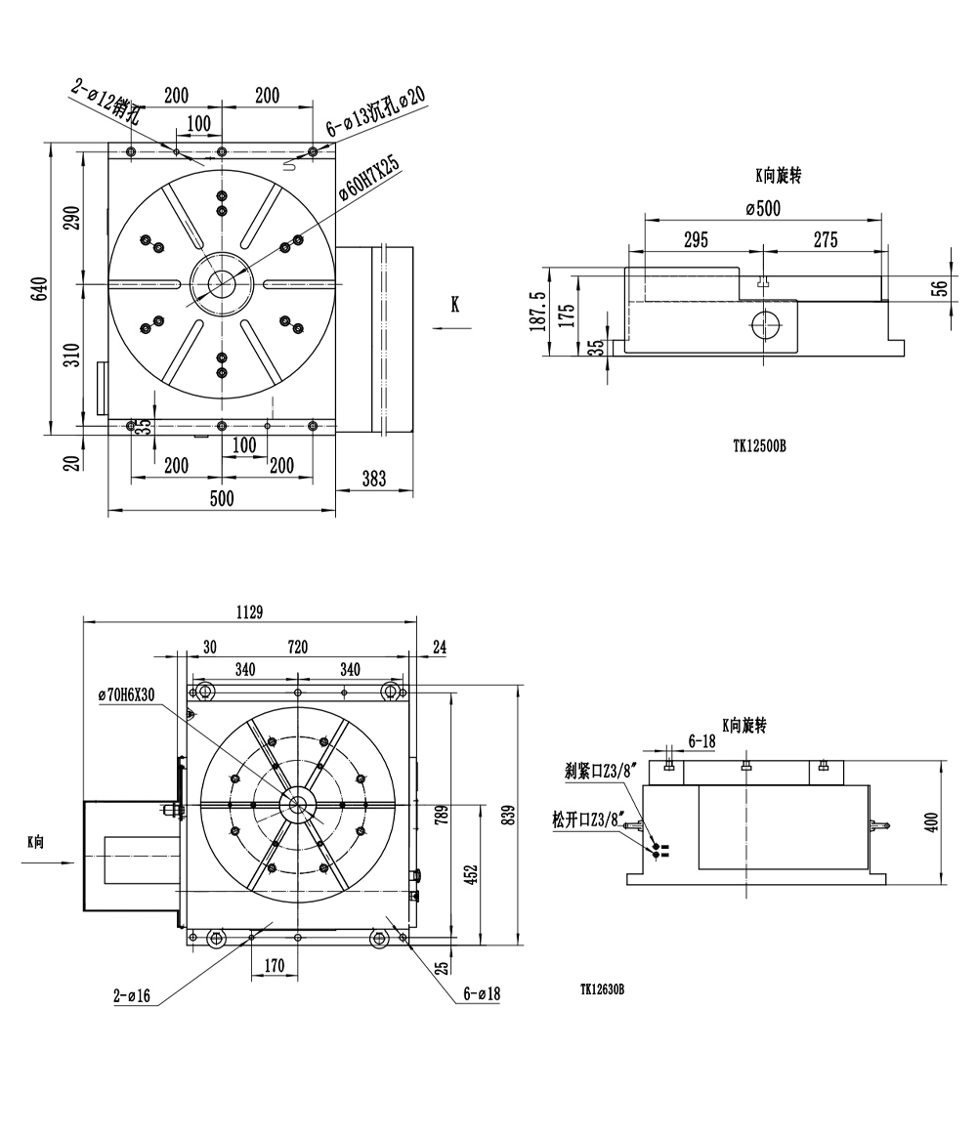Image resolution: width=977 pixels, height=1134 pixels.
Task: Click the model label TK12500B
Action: pos(759,445)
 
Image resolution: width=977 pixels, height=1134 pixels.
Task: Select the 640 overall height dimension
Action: pos(39,289)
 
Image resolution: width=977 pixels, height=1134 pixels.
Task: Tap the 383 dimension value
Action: pos(373,478)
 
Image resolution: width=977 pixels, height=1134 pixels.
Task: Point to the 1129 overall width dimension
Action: pos(250,611)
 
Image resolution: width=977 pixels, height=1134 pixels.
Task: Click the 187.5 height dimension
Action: pos(536,312)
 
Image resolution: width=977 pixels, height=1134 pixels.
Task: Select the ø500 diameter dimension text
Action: pos(762,208)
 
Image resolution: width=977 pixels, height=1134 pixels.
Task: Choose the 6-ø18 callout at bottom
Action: pos(482,993)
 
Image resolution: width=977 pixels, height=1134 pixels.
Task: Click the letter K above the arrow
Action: pos(454,305)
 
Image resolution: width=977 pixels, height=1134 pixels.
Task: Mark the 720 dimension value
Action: pos(297,647)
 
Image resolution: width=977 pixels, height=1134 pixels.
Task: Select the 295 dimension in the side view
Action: pos(696,240)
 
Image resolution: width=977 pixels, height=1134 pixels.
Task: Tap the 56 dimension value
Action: pos(939,287)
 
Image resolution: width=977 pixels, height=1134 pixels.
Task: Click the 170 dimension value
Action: pos(275,966)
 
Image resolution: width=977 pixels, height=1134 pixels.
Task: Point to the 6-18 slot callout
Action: pos(702,742)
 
